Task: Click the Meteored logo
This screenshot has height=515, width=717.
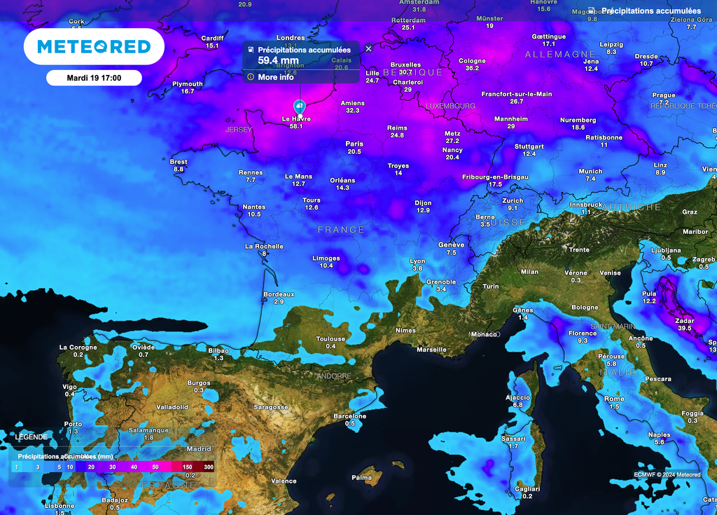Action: point(94,47)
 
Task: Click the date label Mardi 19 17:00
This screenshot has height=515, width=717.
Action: point(94,78)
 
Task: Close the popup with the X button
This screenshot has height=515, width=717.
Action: point(369,48)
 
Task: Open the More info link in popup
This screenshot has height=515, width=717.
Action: point(275,77)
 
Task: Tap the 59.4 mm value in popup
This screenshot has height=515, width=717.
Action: point(278,60)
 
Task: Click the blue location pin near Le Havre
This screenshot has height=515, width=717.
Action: point(300,107)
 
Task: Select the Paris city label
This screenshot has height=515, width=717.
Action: point(354,144)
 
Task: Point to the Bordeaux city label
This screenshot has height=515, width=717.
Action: point(279,294)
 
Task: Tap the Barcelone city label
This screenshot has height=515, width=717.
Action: point(349,416)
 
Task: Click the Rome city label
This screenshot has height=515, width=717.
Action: point(614,399)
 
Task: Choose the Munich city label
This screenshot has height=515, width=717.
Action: point(590,171)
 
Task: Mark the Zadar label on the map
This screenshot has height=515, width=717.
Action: point(684,320)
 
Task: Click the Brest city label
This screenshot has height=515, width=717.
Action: point(179,162)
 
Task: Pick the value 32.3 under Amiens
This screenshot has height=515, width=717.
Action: point(352,111)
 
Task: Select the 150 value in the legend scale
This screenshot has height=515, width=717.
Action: point(187,467)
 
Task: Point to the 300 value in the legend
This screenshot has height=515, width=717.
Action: point(208,467)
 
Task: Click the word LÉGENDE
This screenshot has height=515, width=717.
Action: point(32,437)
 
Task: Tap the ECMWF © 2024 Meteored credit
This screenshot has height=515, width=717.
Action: point(667,474)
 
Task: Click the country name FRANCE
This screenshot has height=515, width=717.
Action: point(341,230)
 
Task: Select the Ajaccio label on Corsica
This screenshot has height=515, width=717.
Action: point(517,397)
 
